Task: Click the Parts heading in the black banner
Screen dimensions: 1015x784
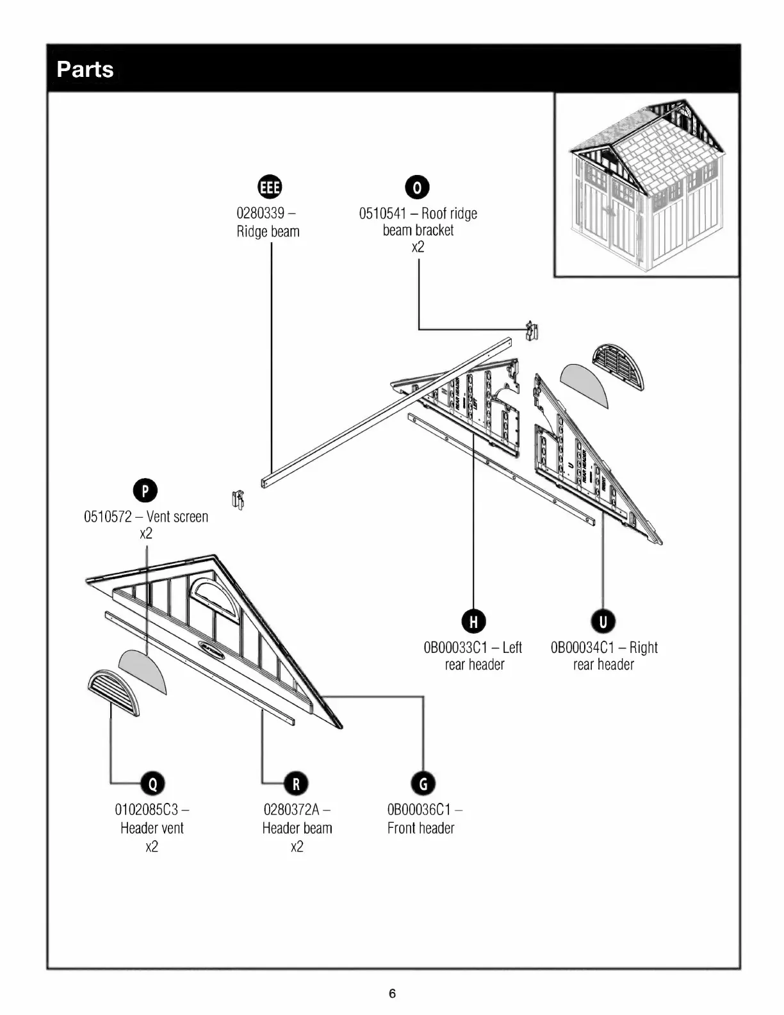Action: pos(85,69)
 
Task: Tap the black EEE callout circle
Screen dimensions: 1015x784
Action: pos(269,186)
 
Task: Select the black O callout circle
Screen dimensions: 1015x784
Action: pos(418,187)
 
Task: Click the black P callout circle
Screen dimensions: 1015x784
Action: pos(145,491)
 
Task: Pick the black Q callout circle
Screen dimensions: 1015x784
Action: pos(152,783)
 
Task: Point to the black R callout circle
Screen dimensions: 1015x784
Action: pos(296,783)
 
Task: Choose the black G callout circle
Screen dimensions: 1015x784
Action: pos(423,783)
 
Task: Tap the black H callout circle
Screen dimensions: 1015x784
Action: pos(474,621)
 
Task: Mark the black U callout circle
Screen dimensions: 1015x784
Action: pos(603,621)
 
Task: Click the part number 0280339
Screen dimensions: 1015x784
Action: pos(261,213)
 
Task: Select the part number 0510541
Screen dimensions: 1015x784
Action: pos(382,213)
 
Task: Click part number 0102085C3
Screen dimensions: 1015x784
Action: pos(147,809)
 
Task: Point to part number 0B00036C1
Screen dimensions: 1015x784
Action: pos(420,809)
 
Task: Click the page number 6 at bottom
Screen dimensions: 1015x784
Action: pos(392,994)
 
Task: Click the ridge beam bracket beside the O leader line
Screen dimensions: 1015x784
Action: pos(531,331)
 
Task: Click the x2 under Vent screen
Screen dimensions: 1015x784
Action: pos(146,534)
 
